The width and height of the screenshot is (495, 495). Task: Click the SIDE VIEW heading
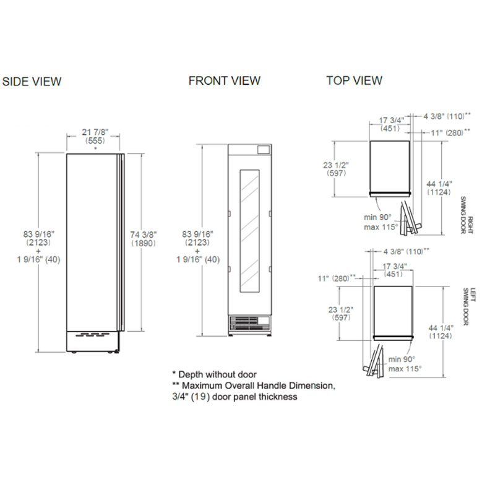click(32, 82)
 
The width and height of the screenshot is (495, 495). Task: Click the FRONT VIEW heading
click(225, 81)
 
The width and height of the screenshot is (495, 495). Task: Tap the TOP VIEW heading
click(354, 80)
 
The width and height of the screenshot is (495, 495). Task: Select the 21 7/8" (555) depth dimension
click(95, 136)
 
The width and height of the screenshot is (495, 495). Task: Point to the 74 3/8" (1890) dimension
click(144, 239)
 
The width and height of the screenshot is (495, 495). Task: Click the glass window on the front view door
click(249, 231)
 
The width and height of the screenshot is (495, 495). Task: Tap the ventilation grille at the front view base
click(250, 324)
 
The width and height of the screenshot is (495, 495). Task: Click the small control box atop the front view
click(264, 150)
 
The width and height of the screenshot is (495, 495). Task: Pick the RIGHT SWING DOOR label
click(467, 215)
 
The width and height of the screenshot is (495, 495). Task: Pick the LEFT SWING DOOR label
click(468, 306)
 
